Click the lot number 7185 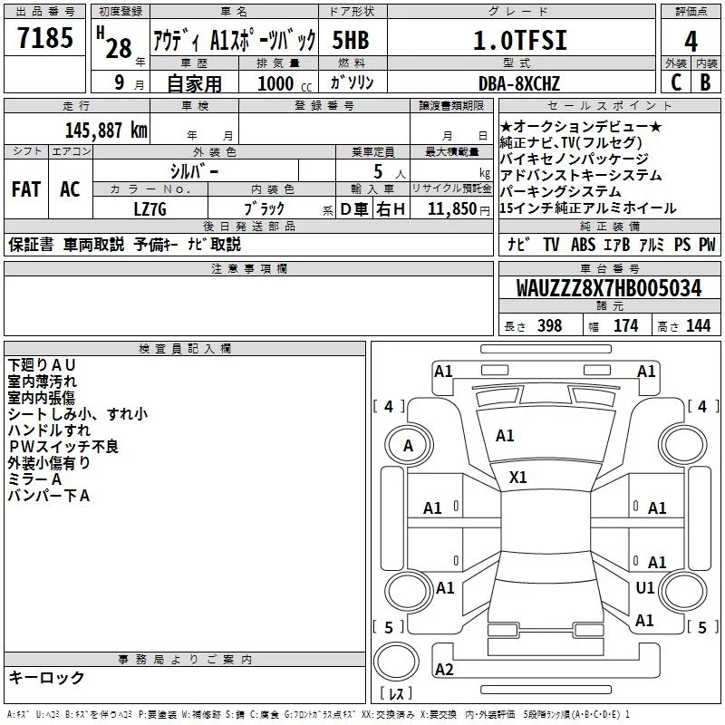pos(45,40)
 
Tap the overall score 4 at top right pos(691,41)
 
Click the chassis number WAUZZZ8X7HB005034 pos(608,289)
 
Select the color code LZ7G pos(150,208)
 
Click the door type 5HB pos(351,41)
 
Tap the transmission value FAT pos(25,189)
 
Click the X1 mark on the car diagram pos(518,478)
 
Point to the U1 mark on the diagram pos(645,587)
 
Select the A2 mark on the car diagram pos(444,670)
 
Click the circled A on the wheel pos(408,445)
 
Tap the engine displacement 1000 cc pos(276,83)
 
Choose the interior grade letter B pos(705,82)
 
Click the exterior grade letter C pos(675,82)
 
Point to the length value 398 pos(550,326)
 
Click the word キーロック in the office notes pos(47,677)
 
